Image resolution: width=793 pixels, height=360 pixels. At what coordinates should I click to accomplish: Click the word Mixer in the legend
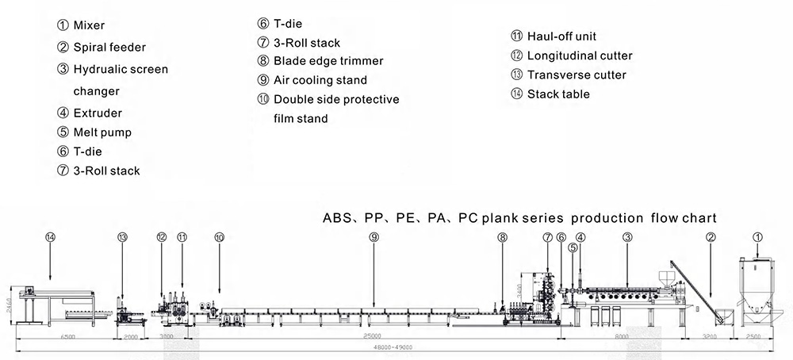coord(89,25)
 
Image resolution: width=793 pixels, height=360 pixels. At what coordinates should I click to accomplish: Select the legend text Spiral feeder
coord(109,48)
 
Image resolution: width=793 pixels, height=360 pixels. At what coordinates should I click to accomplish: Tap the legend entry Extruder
coord(98,113)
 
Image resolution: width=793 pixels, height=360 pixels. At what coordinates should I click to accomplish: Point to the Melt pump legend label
coord(102,132)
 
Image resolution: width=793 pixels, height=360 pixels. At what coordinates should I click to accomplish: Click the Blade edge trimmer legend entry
coord(328,60)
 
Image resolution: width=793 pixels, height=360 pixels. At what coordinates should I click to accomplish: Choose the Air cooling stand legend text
coord(320,79)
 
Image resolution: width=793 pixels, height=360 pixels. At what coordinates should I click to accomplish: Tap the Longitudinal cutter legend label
coord(580,56)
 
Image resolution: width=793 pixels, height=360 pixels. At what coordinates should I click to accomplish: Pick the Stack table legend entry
coord(558,94)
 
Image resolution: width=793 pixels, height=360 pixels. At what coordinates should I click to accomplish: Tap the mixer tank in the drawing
coord(758,285)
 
